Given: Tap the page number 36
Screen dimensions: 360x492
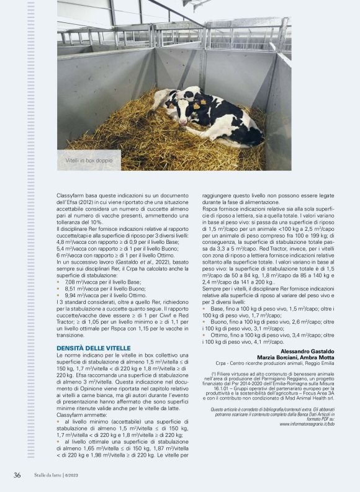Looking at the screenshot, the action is (17, 475).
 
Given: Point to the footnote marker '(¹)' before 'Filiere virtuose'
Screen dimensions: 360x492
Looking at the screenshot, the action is (213, 374).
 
